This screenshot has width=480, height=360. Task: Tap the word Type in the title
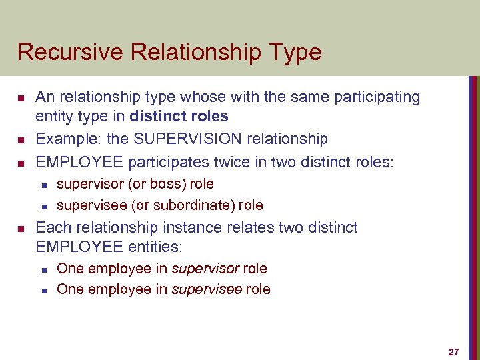296,52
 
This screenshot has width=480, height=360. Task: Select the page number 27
454,351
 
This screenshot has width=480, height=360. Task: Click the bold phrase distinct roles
179,117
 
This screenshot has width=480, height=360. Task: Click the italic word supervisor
205,268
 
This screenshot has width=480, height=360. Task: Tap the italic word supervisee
207,289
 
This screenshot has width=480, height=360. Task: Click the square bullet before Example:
21,140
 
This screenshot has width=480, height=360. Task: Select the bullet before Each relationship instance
21,229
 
